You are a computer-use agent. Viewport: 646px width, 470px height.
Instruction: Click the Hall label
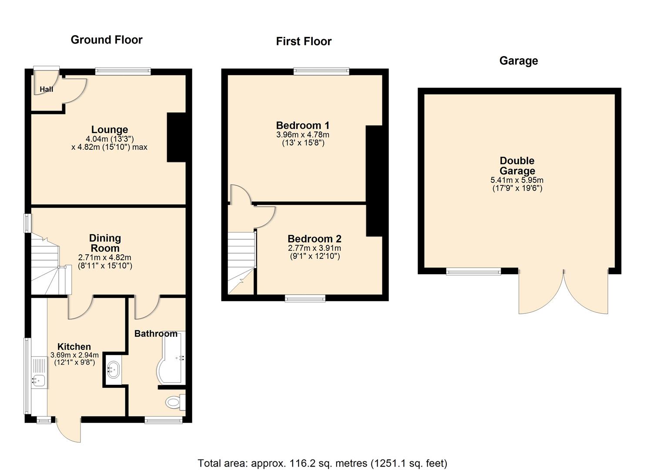(x=47, y=89)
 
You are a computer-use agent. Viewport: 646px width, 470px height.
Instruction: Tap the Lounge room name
(x=110, y=130)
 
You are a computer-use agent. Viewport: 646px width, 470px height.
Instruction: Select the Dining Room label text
(x=105, y=243)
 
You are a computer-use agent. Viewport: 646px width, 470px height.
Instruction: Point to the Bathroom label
(x=156, y=334)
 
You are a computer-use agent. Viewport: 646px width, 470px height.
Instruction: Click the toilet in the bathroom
(x=174, y=402)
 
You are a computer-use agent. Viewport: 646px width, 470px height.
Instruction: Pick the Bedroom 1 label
(x=303, y=125)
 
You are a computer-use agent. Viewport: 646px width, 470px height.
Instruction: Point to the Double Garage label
(x=517, y=166)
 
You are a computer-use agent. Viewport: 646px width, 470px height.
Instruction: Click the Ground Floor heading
(x=107, y=40)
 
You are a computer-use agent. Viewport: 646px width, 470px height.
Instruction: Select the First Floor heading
(x=304, y=41)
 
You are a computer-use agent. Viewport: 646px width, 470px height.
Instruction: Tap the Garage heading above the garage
(x=519, y=60)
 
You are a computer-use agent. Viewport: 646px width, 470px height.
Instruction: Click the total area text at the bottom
(x=322, y=463)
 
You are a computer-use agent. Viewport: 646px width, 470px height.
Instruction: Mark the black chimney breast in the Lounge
(x=177, y=138)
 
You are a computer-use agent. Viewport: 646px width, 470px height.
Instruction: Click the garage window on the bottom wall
(x=474, y=272)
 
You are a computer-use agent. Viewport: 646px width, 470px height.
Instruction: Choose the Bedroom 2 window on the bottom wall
(x=305, y=298)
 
